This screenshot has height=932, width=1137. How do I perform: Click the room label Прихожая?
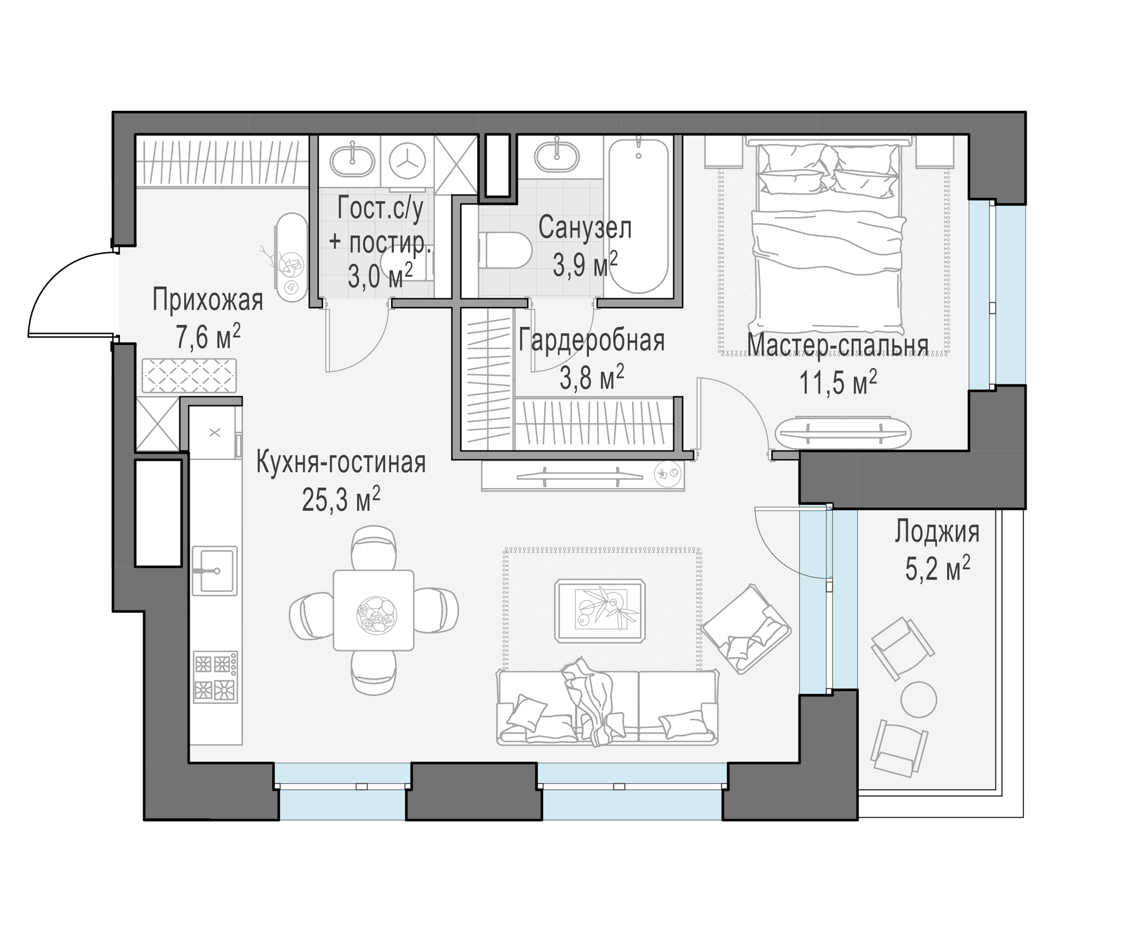(208, 300)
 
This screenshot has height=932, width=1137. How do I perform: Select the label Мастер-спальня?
(838, 345)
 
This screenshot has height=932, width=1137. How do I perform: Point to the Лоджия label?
(937, 532)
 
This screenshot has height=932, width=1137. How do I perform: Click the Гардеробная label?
(592, 341)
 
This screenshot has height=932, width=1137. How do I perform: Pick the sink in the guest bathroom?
(352, 160)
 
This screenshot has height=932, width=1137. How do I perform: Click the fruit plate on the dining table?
(378, 614)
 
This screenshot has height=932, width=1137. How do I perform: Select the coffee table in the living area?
(599, 610)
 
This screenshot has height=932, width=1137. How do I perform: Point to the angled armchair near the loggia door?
(747, 629)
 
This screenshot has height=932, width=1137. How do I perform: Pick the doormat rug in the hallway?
(189, 376)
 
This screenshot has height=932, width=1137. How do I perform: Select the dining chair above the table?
(374, 548)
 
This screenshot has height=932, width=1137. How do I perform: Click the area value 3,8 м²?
(592, 378)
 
